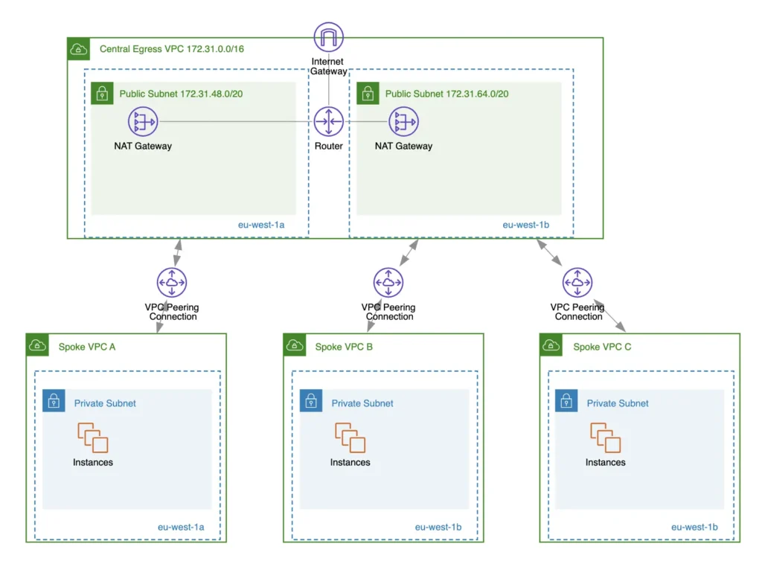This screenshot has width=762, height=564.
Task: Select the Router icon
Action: (x=328, y=122)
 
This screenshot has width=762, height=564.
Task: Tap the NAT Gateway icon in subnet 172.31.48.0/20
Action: (x=142, y=122)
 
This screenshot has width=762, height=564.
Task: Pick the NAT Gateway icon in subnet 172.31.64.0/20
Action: (x=403, y=122)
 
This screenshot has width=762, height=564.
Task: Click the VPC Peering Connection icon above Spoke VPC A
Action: (x=172, y=283)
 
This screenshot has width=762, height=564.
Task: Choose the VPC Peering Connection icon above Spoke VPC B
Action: (x=388, y=283)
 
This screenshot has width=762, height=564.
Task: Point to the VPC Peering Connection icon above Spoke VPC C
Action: (x=577, y=283)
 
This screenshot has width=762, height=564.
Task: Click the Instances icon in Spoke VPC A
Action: (x=93, y=438)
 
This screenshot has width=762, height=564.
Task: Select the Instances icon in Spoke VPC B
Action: (x=350, y=438)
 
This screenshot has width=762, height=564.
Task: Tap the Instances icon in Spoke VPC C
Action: (x=606, y=438)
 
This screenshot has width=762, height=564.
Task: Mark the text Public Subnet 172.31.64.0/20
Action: (x=446, y=94)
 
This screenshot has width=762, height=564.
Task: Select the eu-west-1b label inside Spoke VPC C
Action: (x=694, y=527)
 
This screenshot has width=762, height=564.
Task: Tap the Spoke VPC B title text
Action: (x=344, y=347)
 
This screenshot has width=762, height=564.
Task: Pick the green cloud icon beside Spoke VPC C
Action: (x=552, y=345)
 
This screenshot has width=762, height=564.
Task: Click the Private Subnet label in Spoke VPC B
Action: (x=362, y=403)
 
